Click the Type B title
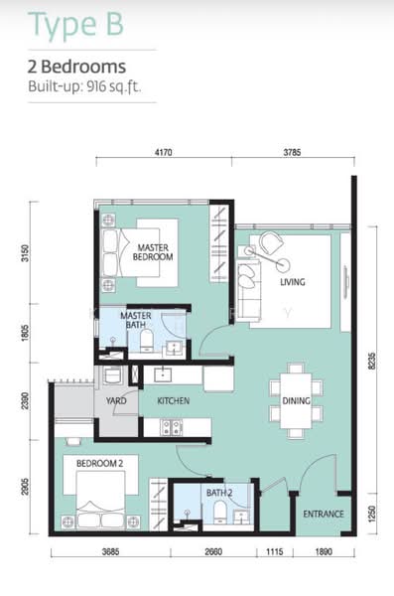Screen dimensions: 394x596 (75, 24)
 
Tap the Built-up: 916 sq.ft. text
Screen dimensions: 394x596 (84, 86)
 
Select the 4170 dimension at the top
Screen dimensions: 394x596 (164, 152)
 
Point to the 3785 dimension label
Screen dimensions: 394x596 (292, 152)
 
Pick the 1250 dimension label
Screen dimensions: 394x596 (372, 514)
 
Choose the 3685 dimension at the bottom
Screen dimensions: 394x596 (110, 551)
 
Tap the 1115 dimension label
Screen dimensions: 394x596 (274, 551)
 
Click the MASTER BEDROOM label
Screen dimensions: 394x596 (153, 252)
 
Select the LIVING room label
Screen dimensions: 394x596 (293, 282)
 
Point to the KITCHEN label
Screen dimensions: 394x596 (174, 400)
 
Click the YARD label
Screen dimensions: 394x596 (116, 400)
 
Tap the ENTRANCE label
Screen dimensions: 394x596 (324, 514)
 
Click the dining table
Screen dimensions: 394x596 (296, 401)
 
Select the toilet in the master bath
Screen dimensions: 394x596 (147, 341)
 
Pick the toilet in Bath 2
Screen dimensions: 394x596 (220, 512)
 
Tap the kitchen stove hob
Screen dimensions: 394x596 (172, 427)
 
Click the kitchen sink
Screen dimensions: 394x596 (163, 374)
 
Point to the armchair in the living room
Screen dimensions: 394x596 (271, 243)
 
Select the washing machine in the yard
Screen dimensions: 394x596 (113, 375)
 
